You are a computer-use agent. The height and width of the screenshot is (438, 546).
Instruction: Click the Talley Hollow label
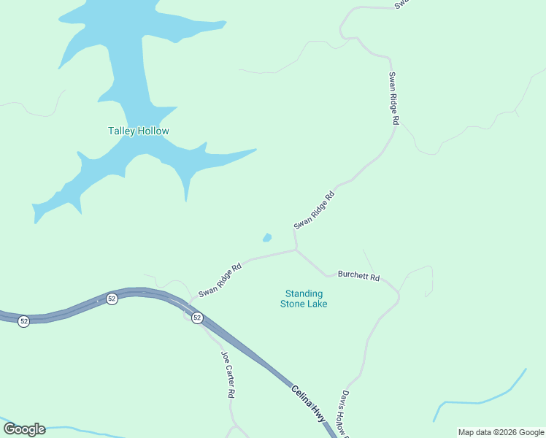pos(139,131)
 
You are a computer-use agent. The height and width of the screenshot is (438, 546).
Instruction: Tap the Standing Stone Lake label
pos(304,299)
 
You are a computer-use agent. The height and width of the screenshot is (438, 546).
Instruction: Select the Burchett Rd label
pos(358,276)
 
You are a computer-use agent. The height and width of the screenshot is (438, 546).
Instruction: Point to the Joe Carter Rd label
pos(228,374)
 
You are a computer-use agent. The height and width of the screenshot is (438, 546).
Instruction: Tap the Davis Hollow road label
pos(343,413)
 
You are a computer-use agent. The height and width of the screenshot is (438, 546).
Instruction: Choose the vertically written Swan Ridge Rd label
pos(393,99)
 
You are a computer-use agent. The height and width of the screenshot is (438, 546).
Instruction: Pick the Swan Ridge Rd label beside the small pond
pos(314,210)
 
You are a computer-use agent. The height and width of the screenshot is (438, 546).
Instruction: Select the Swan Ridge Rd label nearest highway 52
pos(220,279)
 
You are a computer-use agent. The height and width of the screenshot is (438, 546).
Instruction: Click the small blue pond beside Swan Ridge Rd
pos(267,237)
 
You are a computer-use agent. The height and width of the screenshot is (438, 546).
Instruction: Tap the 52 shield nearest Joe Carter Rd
pos(197,318)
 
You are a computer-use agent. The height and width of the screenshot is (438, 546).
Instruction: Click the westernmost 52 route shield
pos(24,321)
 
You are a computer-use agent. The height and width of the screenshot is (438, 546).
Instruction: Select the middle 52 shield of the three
pos(112,299)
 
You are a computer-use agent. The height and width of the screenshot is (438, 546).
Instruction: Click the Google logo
pos(24,429)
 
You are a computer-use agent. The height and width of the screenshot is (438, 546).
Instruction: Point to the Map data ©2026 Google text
pos(501,432)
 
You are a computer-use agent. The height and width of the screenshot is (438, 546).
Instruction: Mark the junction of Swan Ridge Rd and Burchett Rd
pos(296,250)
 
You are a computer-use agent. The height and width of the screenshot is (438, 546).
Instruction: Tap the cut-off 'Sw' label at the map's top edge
pos(401,4)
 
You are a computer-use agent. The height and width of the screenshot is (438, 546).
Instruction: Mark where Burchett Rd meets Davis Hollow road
pos(399,293)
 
